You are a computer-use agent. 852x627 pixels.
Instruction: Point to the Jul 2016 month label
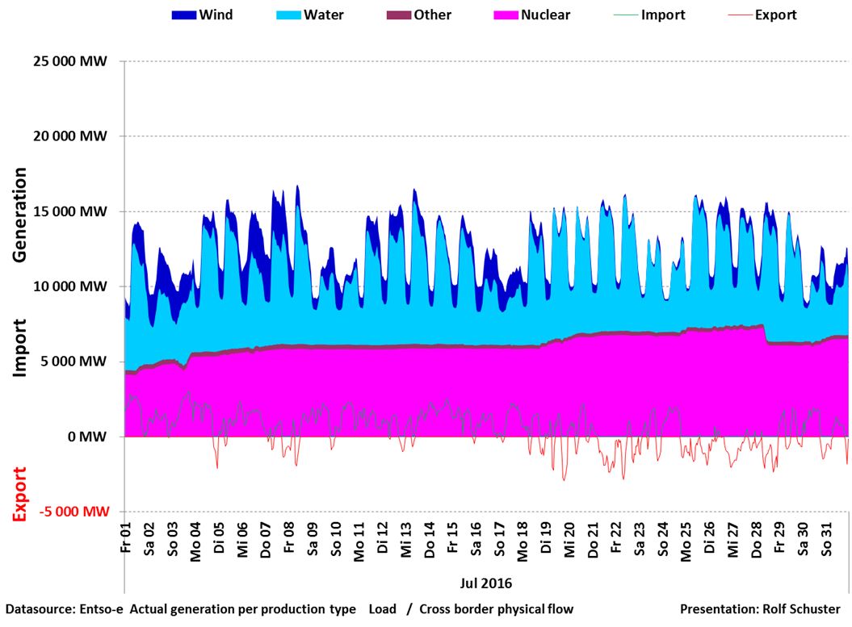(487, 582)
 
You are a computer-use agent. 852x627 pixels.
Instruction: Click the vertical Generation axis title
(20, 214)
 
